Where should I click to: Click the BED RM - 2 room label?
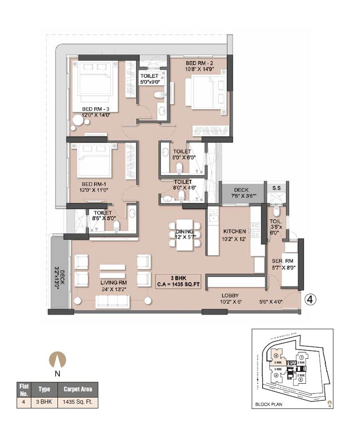(199, 63)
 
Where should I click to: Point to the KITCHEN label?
(235, 231)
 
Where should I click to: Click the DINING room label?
(185, 227)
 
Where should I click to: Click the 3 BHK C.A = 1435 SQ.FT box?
(178, 281)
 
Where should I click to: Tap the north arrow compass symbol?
(57, 359)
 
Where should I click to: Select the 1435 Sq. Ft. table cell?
(78, 402)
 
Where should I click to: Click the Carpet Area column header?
(78, 389)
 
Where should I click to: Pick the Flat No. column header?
(24, 389)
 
